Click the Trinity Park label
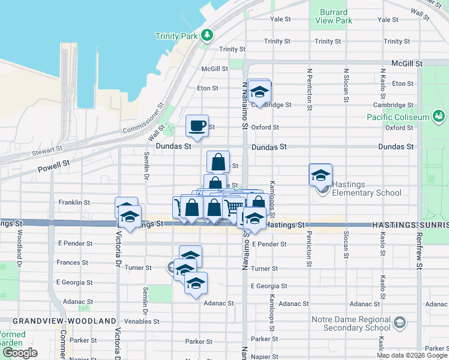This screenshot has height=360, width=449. [176, 36]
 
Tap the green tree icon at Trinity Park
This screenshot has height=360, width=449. [207, 35]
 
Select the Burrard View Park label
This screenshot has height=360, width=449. [333, 16]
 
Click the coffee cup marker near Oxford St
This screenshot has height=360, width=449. [197, 126]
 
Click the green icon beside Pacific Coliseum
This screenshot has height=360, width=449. [439, 115]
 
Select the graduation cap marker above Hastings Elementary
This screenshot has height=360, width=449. [321, 175]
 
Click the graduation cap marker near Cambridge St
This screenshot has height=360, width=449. [259, 91]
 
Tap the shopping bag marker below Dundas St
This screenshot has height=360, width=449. [218, 162]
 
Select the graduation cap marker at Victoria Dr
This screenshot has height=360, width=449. [127, 208]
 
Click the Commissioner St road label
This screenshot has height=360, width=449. [143, 121]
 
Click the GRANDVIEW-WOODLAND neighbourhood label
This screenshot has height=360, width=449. [64, 321]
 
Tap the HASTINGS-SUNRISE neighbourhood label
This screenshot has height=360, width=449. [410, 224]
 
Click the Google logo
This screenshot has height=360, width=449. [20, 353]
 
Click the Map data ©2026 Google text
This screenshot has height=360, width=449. [412, 355]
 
